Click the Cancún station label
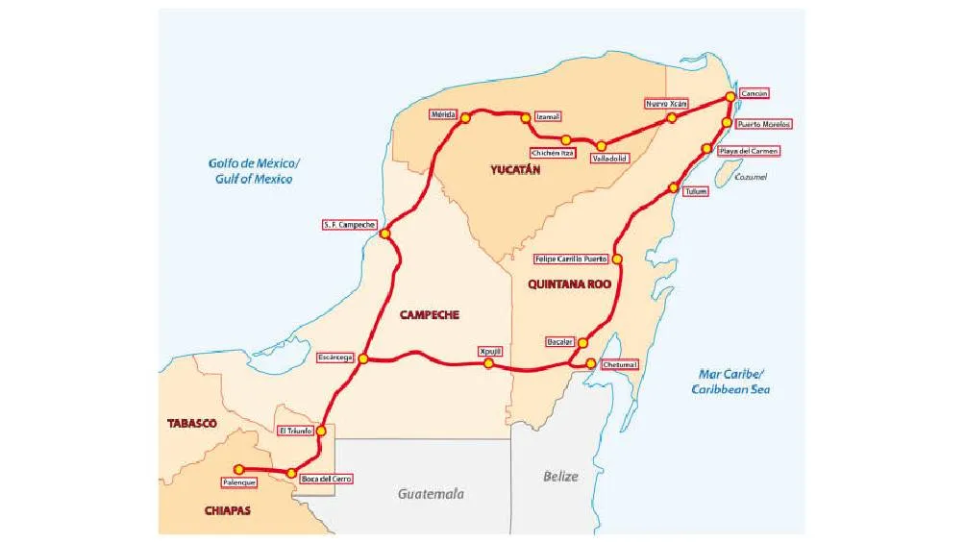point(754,94)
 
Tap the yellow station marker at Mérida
point(465,119)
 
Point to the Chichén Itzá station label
point(553,153)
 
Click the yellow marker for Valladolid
point(601,146)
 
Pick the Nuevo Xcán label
point(667,103)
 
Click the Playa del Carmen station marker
point(707,149)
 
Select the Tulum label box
point(696,191)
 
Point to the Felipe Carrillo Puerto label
point(573,259)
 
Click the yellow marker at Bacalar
point(582,343)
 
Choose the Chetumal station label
point(620,365)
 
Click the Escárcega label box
point(336,358)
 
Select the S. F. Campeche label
point(349,225)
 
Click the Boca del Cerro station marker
point(290,472)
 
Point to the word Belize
point(560,476)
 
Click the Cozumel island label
point(751,177)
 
